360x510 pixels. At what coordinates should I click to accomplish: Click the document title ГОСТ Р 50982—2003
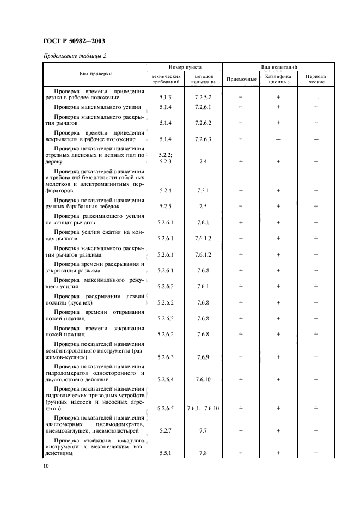(x=74, y=41)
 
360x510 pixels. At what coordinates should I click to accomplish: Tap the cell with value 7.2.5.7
(x=203, y=98)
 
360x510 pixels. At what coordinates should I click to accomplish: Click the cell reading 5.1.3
(x=166, y=98)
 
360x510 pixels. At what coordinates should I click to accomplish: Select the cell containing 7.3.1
(x=203, y=191)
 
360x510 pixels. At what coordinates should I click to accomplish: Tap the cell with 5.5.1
(x=166, y=453)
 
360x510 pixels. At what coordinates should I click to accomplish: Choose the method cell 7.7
(x=203, y=430)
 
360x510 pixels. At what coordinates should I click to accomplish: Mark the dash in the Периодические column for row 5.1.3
(x=316, y=98)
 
